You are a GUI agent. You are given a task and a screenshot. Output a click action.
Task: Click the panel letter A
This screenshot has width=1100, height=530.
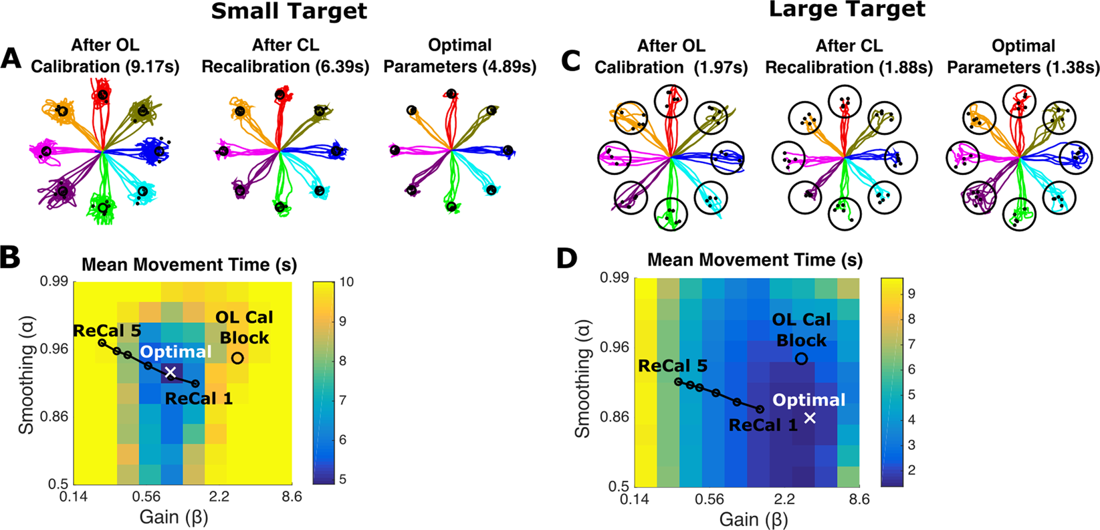coord(12,59)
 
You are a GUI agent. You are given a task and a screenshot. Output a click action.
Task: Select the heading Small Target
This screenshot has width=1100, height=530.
coord(289,11)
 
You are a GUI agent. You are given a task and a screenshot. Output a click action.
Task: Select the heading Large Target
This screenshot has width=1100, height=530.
coord(847,10)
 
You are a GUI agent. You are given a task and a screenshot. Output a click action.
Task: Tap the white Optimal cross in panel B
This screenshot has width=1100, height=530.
coord(171,372)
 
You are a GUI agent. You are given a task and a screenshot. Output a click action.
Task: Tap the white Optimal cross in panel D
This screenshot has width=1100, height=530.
coord(810,418)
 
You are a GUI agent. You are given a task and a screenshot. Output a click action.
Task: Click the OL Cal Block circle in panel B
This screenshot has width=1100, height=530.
coord(237,358)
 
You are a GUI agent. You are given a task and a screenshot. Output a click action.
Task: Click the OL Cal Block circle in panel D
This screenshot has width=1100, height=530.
coord(801,359)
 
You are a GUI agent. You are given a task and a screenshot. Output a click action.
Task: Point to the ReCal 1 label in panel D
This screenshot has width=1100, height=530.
coord(763,424)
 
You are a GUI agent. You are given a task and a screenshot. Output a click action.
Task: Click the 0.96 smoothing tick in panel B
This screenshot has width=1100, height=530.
coord(56,348)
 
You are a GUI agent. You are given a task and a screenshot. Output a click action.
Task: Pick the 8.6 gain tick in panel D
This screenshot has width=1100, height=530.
coord(858,499)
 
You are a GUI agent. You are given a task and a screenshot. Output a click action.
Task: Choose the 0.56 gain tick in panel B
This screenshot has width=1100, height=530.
coord(146,497)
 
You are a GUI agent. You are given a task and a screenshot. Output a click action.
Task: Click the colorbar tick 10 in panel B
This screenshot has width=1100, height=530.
coord(346,282)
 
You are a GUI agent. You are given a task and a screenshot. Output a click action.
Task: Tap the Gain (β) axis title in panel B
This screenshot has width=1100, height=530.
coord(174,517)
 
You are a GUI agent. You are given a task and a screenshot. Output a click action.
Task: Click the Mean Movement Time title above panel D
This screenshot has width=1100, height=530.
coord(755,259)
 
